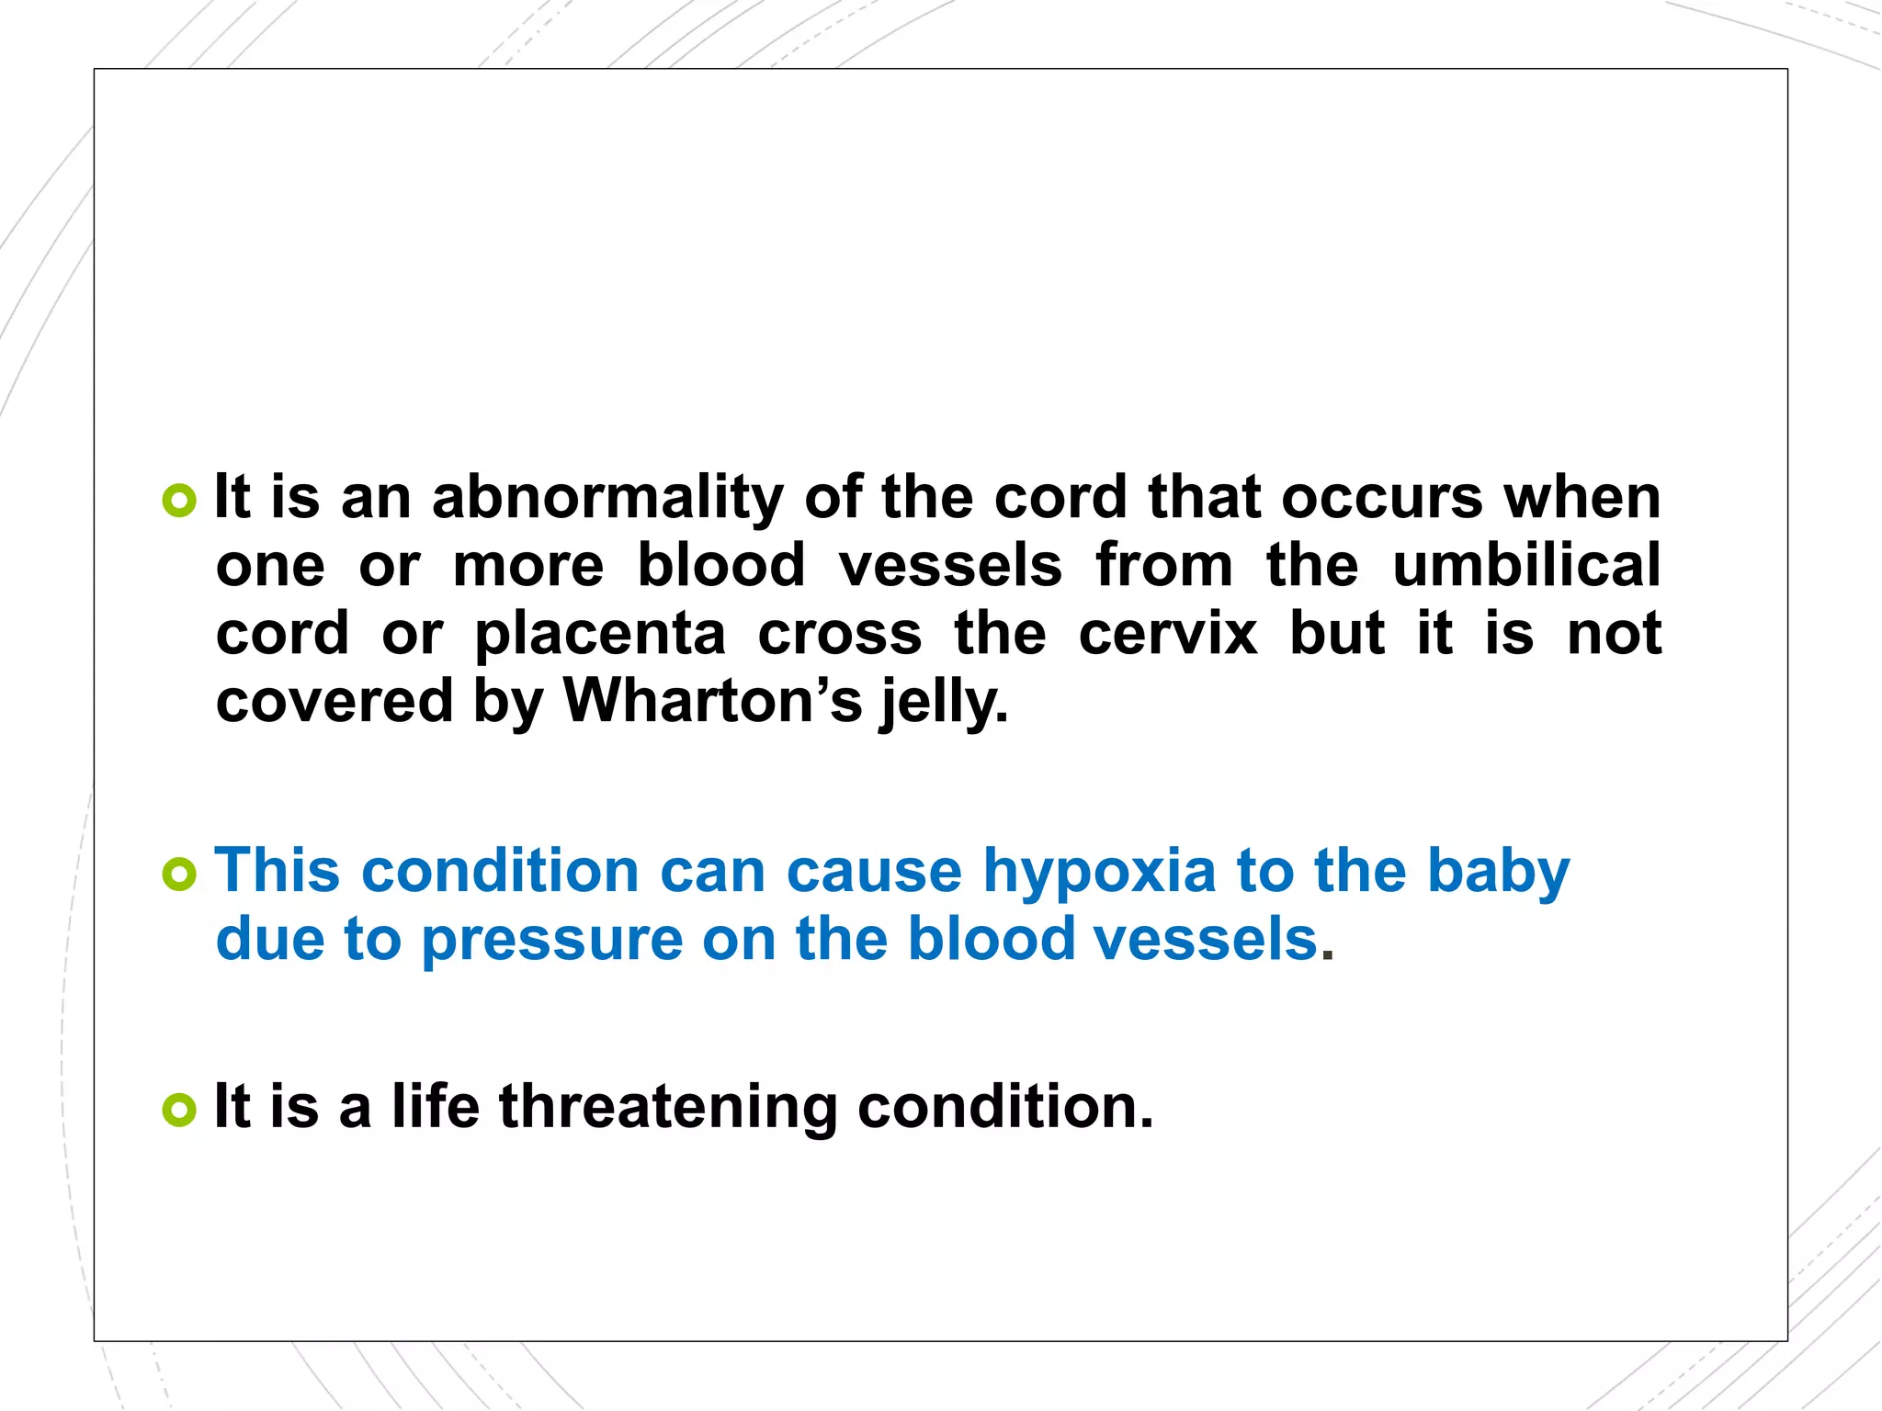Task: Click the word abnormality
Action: (x=607, y=499)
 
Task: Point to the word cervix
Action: (x=1167, y=633)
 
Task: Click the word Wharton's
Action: (x=712, y=701)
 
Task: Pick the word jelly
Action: (x=943, y=704)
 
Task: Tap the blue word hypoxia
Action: (x=1099, y=873)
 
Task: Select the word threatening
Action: (x=668, y=1106)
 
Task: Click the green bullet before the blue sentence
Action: (x=179, y=874)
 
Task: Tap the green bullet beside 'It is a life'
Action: (x=179, y=1110)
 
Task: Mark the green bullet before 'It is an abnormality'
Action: (x=179, y=501)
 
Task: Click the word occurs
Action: (x=1382, y=499)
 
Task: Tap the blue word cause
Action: (x=874, y=871)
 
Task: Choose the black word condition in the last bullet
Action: (x=1005, y=1106)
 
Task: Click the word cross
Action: (x=839, y=634)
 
